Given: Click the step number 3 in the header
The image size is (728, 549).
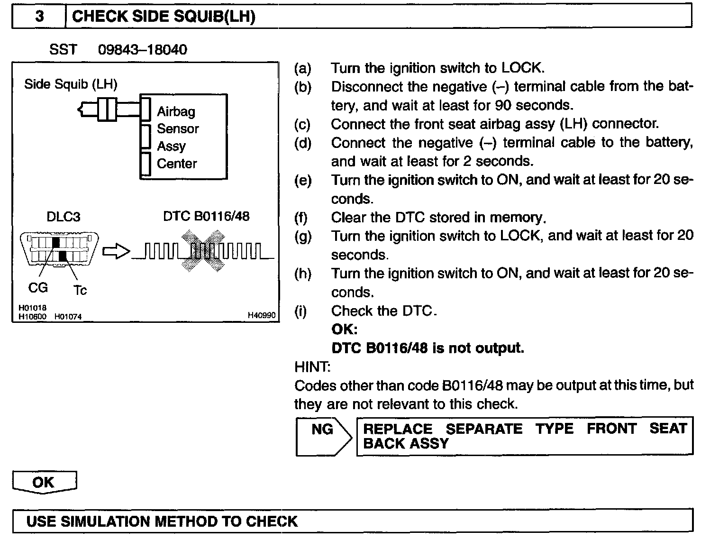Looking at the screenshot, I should pos(39,17).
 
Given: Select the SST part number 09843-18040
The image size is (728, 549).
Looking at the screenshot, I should pos(142,50).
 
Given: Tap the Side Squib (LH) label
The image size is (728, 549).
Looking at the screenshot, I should pos(71,84).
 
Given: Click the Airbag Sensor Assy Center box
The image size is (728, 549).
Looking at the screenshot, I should pos(184,137).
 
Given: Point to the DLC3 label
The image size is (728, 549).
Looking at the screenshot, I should pos(63,217).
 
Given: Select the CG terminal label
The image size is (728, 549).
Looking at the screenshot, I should pos(38,288).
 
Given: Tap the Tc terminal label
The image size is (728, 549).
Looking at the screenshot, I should pos(80,290).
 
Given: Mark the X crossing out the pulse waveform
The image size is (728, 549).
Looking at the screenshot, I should pos(203,250).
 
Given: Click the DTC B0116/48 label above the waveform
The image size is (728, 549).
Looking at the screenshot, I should pos(206,216).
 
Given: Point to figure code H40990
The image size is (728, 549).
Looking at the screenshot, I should pos(262,315).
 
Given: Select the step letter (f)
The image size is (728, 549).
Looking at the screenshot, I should pos(300,218).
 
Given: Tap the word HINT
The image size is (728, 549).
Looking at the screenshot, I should pos(312,366).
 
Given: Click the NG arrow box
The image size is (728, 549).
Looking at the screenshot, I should pos(323,436).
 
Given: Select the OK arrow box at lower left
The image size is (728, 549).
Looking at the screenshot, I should pos(44,482).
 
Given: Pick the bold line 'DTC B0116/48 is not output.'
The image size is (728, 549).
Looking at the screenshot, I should pos(428,348).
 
